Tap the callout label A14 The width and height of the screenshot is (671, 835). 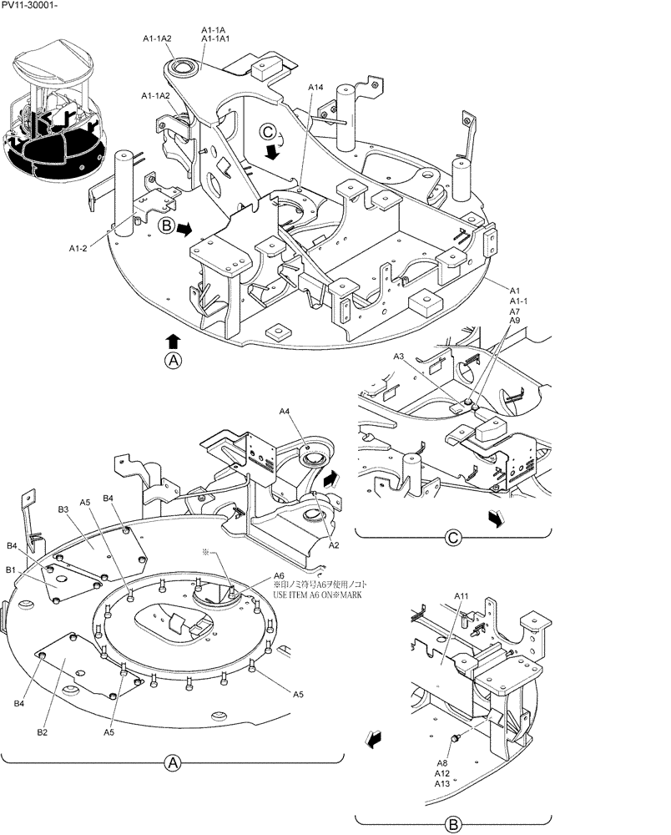click(315, 87)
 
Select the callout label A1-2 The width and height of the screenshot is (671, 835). click(80, 247)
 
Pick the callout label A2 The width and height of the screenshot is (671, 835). click(333, 544)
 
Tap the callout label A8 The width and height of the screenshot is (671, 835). click(441, 762)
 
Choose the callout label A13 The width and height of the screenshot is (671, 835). click(442, 783)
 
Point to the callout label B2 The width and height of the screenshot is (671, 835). click(42, 732)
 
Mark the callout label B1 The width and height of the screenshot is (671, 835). click(11, 569)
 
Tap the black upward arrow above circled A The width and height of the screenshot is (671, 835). click(173, 340)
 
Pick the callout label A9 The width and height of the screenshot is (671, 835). click(514, 321)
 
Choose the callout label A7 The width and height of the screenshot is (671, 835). click(514, 311)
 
